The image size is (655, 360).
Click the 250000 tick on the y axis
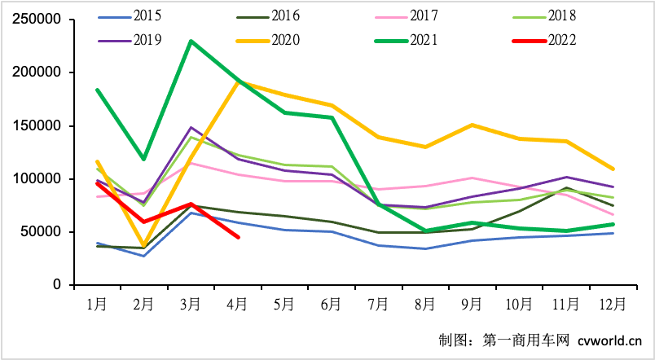point(37,20)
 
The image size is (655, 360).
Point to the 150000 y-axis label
point(37,125)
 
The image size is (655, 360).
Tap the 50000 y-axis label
point(40,232)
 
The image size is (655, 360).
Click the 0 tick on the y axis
point(57,285)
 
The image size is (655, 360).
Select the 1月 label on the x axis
point(97,305)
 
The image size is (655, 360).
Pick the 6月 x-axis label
point(331,305)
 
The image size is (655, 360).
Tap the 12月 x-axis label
point(612,305)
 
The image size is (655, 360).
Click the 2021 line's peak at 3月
point(191,41)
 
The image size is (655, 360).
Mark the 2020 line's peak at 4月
point(238,81)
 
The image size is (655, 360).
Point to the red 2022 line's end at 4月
point(238,237)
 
